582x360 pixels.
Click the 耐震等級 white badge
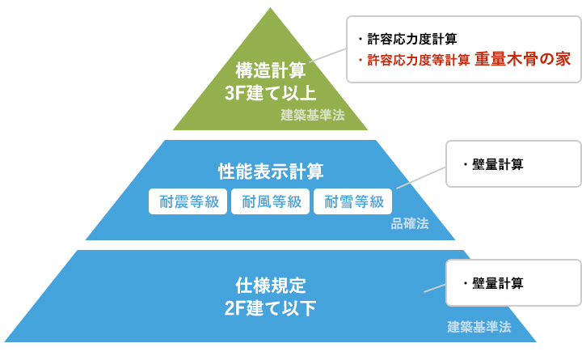click(x=188, y=201)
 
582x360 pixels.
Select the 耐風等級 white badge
click(x=270, y=201)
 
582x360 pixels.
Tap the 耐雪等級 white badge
click(x=352, y=201)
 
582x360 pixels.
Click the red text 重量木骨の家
click(x=523, y=59)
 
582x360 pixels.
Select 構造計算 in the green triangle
click(x=271, y=70)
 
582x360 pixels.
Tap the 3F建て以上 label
click(x=271, y=93)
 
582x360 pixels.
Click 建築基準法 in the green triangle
click(x=313, y=115)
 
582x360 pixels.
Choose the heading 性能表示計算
click(x=271, y=172)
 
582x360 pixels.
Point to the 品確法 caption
click(x=410, y=223)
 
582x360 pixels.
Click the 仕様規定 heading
click(x=271, y=286)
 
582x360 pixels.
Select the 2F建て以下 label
click(x=271, y=308)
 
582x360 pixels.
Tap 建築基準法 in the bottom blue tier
click(x=479, y=327)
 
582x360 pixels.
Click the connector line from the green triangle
click(x=327, y=55)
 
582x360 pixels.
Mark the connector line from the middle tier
click(x=421, y=178)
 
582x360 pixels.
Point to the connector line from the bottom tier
click(x=435, y=288)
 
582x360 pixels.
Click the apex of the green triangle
click(x=271, y=8)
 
